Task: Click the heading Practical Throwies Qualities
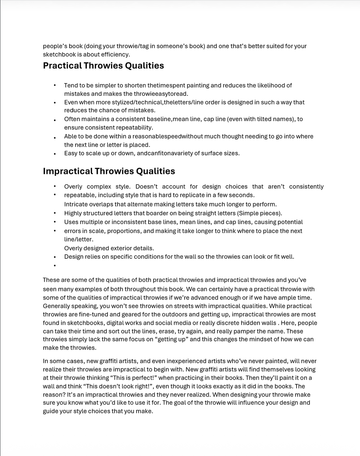tap(103, 66)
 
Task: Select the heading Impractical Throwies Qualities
tap(109, 171)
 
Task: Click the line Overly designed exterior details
tap(109, 248)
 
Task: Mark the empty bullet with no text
tap(54, 266)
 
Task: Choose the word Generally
tap(56, 306)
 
